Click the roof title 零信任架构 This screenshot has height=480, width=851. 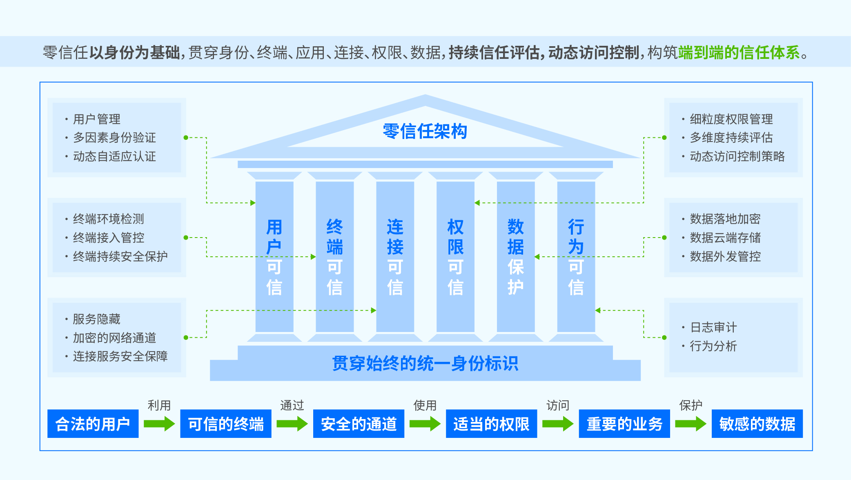(425, 131)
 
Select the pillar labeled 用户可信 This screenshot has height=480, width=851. (274, 257)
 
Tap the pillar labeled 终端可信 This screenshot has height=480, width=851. (334, 257)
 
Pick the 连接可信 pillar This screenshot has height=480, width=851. (395, 257)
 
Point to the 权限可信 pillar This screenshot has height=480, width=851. (455, 257)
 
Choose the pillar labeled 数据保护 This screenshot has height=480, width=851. (515, 257)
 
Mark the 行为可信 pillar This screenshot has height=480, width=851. (576, 257)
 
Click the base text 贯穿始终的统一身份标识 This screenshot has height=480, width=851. (425, 363)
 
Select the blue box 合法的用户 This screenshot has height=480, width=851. (93, 424)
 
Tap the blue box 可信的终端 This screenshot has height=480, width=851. (226, 424)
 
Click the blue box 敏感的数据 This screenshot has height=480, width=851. (757, 424)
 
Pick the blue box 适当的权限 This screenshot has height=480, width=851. (491, 424)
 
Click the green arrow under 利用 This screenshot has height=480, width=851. (159, 424)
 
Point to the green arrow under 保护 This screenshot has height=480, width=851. (691, 424)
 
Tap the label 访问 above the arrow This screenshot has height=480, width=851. (558, 405)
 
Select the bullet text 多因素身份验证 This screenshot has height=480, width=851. (114, 138)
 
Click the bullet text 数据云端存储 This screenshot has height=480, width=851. (725, 238)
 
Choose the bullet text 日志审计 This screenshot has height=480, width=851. (713, 327)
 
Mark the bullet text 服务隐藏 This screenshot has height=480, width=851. (96, 319)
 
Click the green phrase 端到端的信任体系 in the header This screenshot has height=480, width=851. (739, 52)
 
